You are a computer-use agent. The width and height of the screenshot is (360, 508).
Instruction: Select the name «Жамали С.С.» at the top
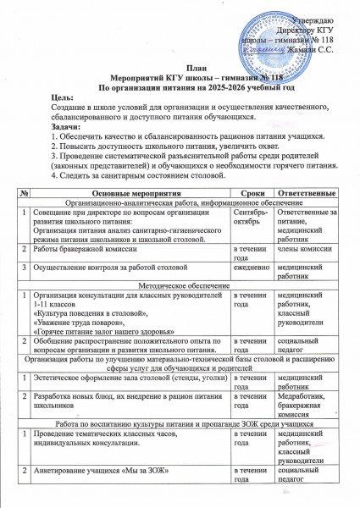(x=314, y=51)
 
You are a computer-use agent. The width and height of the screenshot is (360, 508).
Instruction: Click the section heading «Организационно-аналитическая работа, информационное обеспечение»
(x=182, y=204)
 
